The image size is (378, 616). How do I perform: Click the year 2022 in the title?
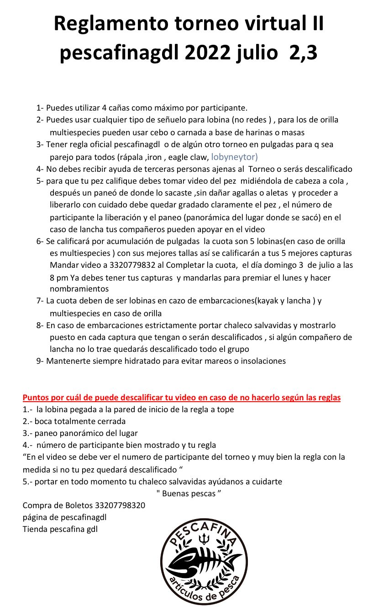[x=211, y=53]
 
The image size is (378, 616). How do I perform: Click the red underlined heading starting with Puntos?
[x=182, y=398]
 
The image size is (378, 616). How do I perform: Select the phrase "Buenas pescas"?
[x=189, y=493]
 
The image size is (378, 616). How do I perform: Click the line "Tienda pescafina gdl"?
[x=60, y=529]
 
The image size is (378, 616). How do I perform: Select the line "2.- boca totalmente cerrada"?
[x=74, y=421]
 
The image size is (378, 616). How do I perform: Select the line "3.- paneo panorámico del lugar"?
[x=80, y=433]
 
